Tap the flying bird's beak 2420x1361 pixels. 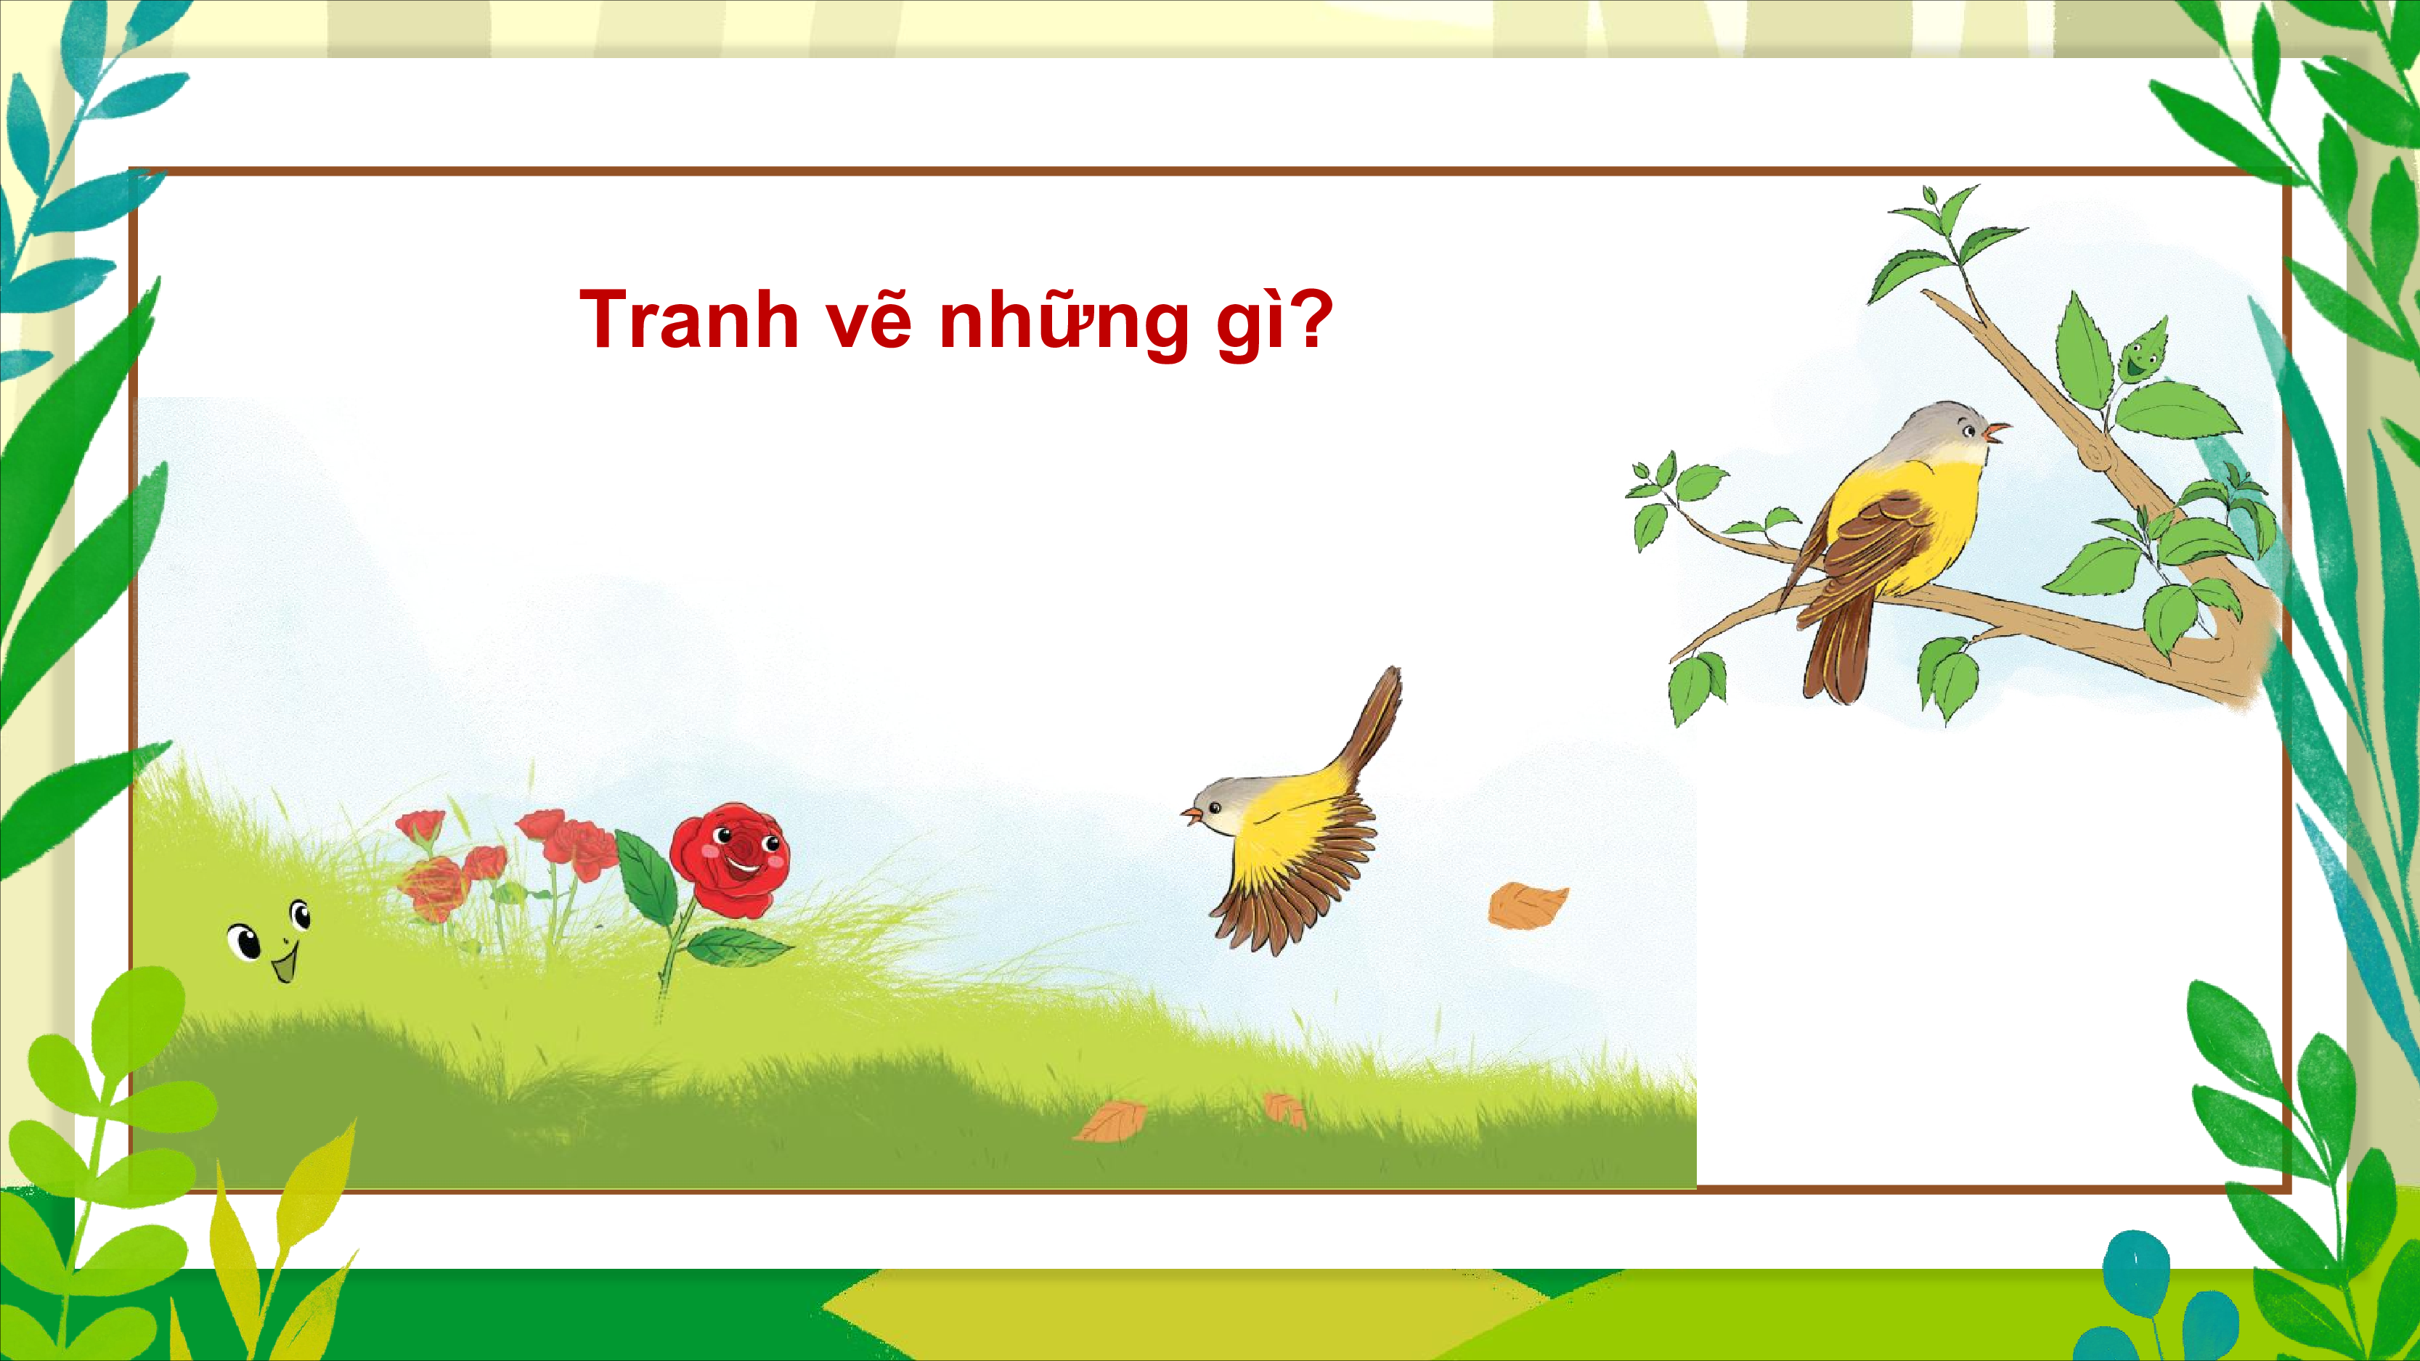click(x=1192, y=815)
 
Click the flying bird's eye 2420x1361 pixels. click(x=1215, y=808)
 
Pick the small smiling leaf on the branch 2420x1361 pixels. click(x=2143, y=352)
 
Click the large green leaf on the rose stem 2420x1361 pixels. click(x=646, y=878)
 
